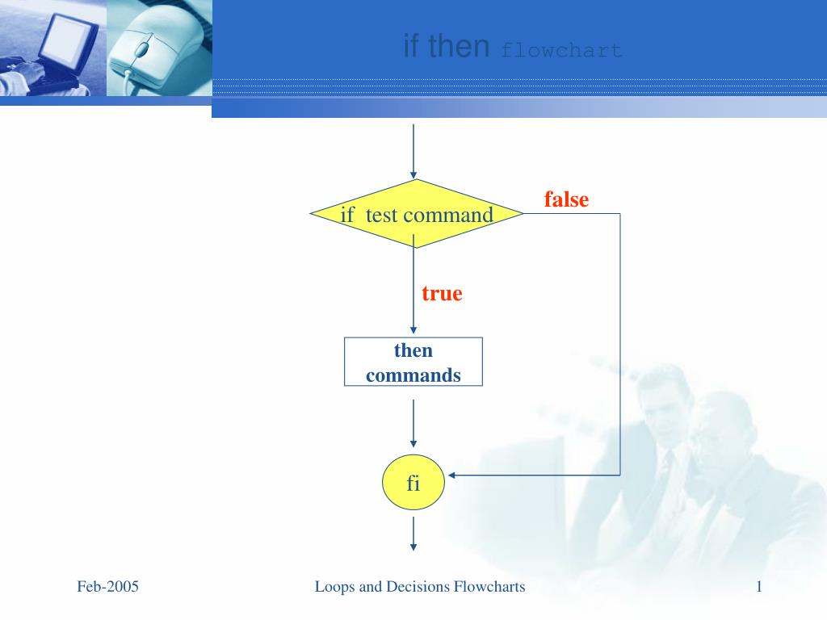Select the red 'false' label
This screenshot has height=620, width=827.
coord(566,199)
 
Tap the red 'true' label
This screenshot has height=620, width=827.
coord(442,293)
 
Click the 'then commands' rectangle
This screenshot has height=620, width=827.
coord(413,362)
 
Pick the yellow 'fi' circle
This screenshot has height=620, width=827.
coord(413,484)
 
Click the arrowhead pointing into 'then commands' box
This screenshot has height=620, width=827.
coord(413,330)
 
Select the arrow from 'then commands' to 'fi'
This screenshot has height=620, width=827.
coord(413,423)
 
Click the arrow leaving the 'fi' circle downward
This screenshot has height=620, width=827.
coord(413,533)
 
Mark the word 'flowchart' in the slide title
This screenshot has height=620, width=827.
coord(561,51)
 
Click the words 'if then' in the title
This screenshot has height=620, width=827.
coord(447,47)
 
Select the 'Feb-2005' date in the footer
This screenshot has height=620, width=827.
coord(108,587)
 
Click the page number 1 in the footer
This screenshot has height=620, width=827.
coord(759,587)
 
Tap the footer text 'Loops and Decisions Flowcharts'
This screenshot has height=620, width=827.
coord(420,587)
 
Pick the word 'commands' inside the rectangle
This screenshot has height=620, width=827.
coord(413,375)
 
